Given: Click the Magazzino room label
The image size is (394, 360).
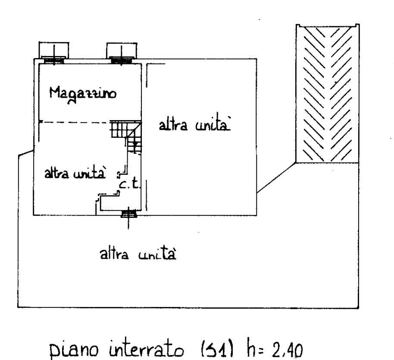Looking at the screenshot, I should (83, 93).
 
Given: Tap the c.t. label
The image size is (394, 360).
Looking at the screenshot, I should (129, 185).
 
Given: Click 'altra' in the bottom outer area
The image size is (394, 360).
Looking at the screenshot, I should (114, 254).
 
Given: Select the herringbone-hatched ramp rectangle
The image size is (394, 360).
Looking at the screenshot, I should (327, 93).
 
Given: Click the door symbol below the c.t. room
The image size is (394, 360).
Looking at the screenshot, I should (128, 214).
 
